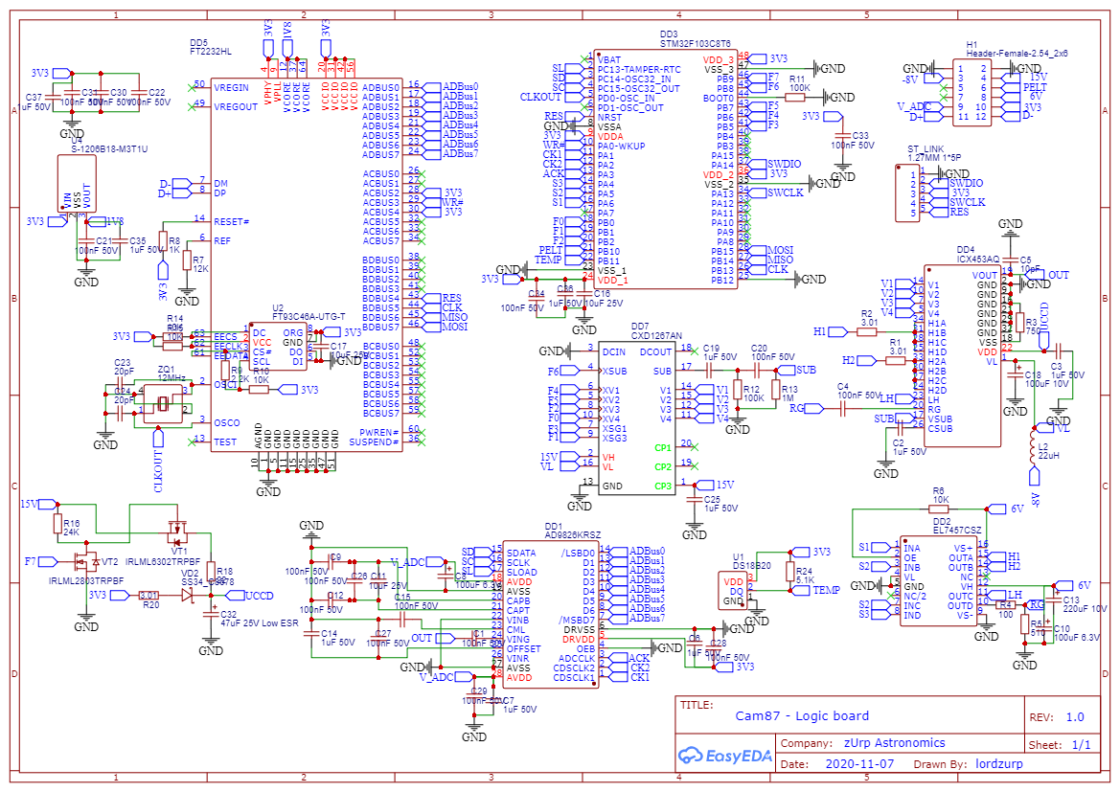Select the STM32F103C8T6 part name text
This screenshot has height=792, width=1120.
click(x=696, y=44)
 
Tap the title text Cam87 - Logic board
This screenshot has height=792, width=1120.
click(x=802, y=715)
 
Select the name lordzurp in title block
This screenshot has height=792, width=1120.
click(x=1000, y=765)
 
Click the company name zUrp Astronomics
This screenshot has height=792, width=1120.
click(x=894, y=742)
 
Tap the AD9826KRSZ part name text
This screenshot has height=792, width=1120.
click(x=572, y=534)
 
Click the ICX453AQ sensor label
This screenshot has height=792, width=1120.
click(x=977, y=259)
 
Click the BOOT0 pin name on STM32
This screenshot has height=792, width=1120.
click(x=719, y=98)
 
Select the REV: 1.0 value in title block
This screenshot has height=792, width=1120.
click(x=1075, y=716)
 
